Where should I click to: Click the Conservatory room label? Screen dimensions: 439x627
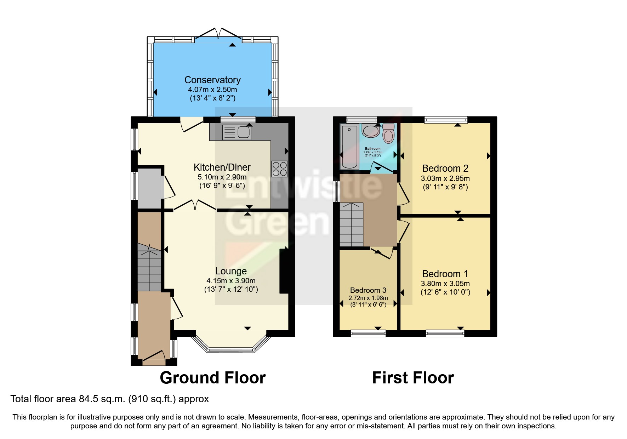[x=212, y=80]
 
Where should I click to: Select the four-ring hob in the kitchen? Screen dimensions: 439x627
[x=279, y=169]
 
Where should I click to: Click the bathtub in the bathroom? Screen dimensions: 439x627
[x=349, y=147]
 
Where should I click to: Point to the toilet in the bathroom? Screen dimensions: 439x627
[x=388, y=133]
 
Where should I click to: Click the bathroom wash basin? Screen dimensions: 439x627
[x=371, y=131]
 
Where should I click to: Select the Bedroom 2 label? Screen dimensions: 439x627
[x=445, y=169]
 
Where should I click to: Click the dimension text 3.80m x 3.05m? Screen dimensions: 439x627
[x=445, y=284]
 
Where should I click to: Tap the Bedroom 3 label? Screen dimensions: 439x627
[x=368, y=290]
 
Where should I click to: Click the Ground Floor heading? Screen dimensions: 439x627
[x=212, y=378]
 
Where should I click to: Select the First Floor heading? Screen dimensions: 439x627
[x=413, y=378]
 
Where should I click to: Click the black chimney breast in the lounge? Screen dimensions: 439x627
[x=284, y=271]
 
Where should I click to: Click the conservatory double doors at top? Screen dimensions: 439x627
[x=218, y=35]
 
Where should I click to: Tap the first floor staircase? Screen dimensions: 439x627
[x=351, y=224]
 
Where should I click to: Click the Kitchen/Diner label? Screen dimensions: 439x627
[x=222, y=167]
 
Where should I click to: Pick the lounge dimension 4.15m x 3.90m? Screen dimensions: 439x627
[x=231, y=281]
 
